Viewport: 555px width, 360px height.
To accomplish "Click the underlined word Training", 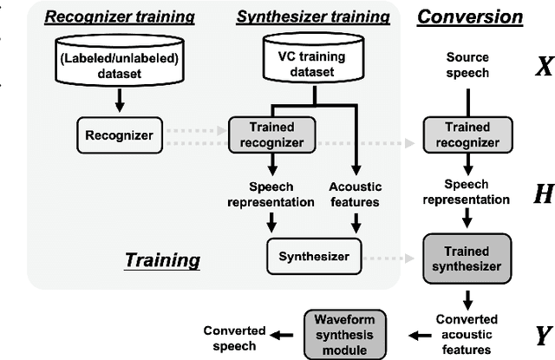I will point(161,259).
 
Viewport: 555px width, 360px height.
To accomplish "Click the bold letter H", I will point(542,194).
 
